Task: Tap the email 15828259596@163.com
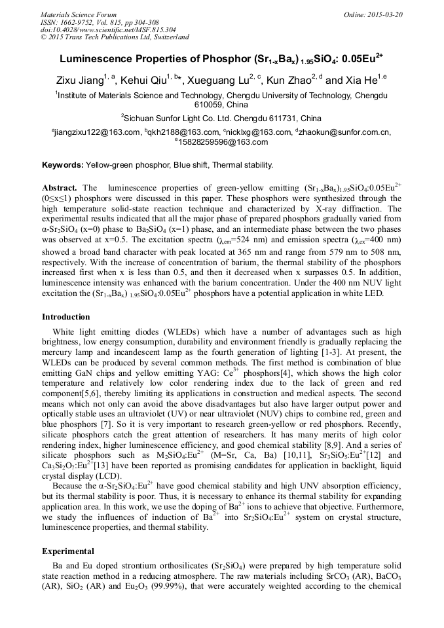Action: (x=223, y=142)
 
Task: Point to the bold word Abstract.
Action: (x=59, y=187)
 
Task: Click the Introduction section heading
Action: (x=65, y=317)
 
